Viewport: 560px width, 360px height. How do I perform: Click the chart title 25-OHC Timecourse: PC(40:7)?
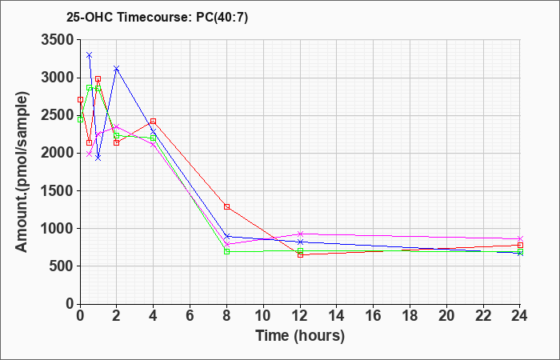[x=157, y=18]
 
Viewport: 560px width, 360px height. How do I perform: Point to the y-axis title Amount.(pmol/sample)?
[x=22, y=172]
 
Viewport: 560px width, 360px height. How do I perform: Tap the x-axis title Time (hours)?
[x=300, y=336]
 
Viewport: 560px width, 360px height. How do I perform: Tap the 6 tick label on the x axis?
[x=190, y=315]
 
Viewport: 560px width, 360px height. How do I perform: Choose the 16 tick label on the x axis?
[x=374, y=315]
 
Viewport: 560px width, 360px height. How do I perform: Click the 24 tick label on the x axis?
[x=519, y=315]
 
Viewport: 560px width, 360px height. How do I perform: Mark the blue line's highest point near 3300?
[x=90, y=55]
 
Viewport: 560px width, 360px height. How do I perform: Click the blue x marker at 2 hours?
[x=116, y=68]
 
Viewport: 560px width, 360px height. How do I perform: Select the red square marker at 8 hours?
[x=226, y=206]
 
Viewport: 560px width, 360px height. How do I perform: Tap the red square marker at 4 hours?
[x=154, y=122]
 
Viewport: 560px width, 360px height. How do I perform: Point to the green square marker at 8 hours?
[x=226, y=251]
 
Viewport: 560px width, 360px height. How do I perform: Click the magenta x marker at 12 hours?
[x=300, y=234]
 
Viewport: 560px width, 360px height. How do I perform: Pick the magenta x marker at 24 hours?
[x=520, y=238]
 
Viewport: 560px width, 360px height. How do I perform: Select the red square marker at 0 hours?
[x=80, y=100]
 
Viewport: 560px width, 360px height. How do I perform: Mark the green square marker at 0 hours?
[x=80, y=120]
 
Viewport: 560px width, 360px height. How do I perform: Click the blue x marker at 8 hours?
[x=226, y=237]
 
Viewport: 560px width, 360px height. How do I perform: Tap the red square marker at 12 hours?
[x=300, y=254]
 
